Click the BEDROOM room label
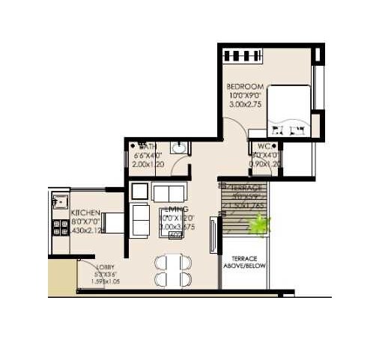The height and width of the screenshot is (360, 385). pos(244,87)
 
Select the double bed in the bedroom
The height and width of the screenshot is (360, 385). pos(289,111)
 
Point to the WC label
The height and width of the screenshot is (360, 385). pos(264,146)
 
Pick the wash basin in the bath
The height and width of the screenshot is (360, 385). pos(178,148)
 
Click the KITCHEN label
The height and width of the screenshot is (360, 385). pos(86,213)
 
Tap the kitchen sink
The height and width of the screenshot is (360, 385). pos(58,201)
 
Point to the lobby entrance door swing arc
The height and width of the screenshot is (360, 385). pos(88,270)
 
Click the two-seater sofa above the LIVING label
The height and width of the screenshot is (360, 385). pos(169,192)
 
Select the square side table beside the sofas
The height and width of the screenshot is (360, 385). pos(139,192)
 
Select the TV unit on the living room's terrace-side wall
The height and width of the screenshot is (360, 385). pos(213,234)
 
